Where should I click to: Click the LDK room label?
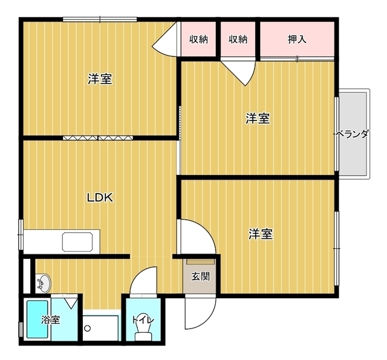coord(100,197)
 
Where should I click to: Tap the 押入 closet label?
coord(297,40)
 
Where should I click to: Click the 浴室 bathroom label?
coord(51,319)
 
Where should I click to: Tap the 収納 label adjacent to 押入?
coord(238,40)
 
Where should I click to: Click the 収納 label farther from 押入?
coord(199,40)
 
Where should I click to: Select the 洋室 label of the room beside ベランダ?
coord(258,119)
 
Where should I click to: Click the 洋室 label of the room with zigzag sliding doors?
coord(100,79)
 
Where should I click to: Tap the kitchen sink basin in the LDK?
coord(77,241)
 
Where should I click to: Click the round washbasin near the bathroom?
coord(43,282)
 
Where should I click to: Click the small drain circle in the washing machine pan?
coord(88,328)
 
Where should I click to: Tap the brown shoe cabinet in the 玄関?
coord(200,262)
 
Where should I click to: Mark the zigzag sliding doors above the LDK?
coord(97,138)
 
